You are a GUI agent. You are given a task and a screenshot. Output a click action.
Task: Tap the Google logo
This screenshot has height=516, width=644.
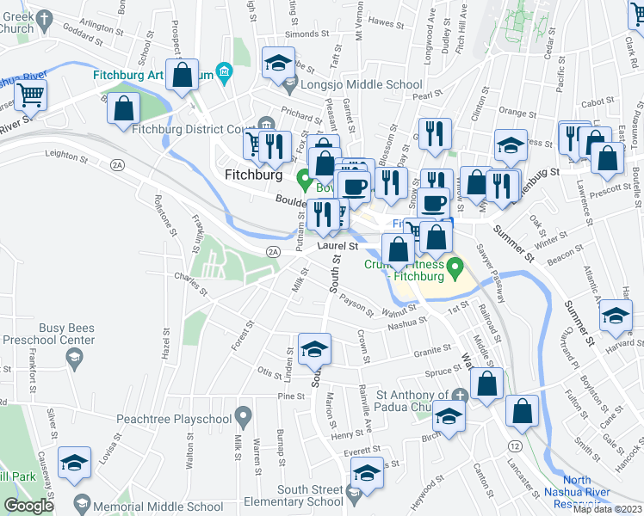[28, 506]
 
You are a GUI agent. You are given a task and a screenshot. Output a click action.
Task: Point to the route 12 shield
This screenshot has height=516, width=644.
[514, 445]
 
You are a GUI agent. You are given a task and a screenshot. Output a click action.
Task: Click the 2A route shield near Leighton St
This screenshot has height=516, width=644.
[117, 164]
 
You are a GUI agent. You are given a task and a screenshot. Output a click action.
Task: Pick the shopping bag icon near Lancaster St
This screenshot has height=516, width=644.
[522, 411]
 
